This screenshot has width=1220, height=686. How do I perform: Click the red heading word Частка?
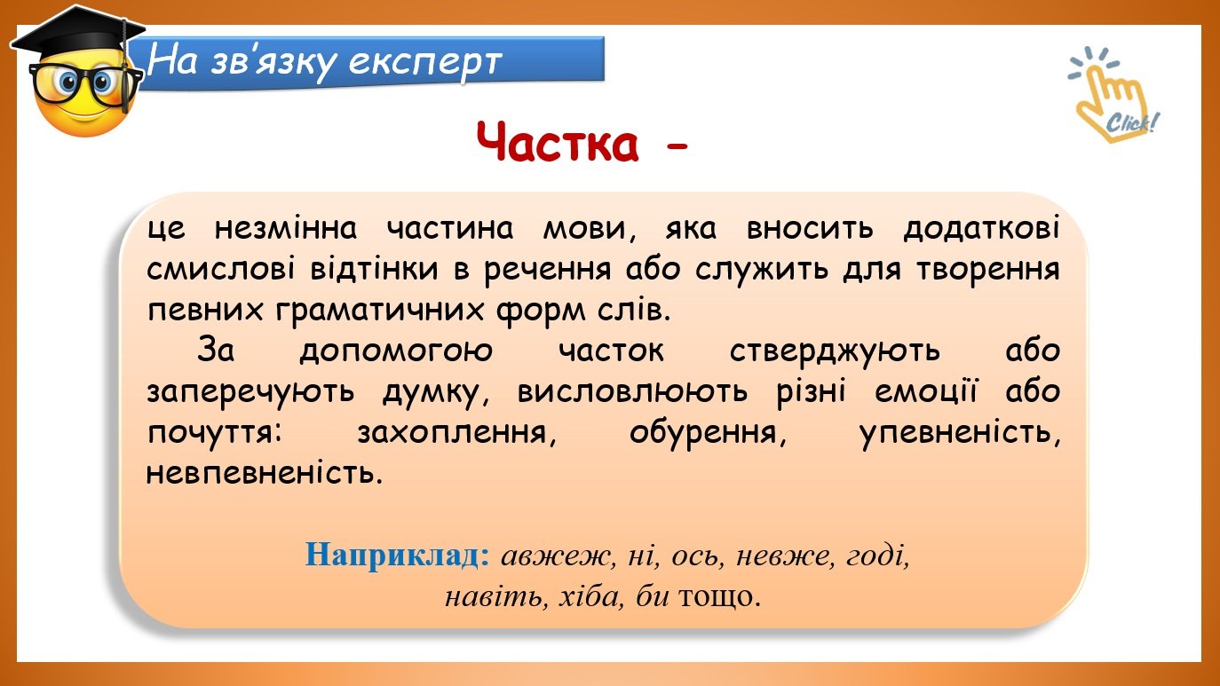(x=557, y=143)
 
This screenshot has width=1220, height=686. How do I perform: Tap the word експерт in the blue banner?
(x=424, y=62)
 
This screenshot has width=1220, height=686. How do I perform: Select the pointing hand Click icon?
(x=1113, y=94)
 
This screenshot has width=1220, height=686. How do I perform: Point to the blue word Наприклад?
(x=398, y=556)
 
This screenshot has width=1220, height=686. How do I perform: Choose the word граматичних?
(x=380, y=311)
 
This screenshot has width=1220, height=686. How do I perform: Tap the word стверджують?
(x=835, y=351)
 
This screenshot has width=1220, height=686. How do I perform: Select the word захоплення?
(x=456, y=434)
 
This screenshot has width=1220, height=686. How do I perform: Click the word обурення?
(x=708, y=434)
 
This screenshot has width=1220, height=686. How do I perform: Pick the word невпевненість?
(x=265, y=473)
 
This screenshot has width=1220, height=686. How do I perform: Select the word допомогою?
(x=396, y=351)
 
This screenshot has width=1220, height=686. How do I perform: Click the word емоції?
(x=926, y=392)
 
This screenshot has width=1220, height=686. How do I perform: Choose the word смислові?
(x=220, y=270)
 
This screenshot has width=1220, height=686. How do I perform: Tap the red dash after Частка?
(x=677, y=146)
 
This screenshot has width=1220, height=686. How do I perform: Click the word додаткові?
(x=981, y=229)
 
